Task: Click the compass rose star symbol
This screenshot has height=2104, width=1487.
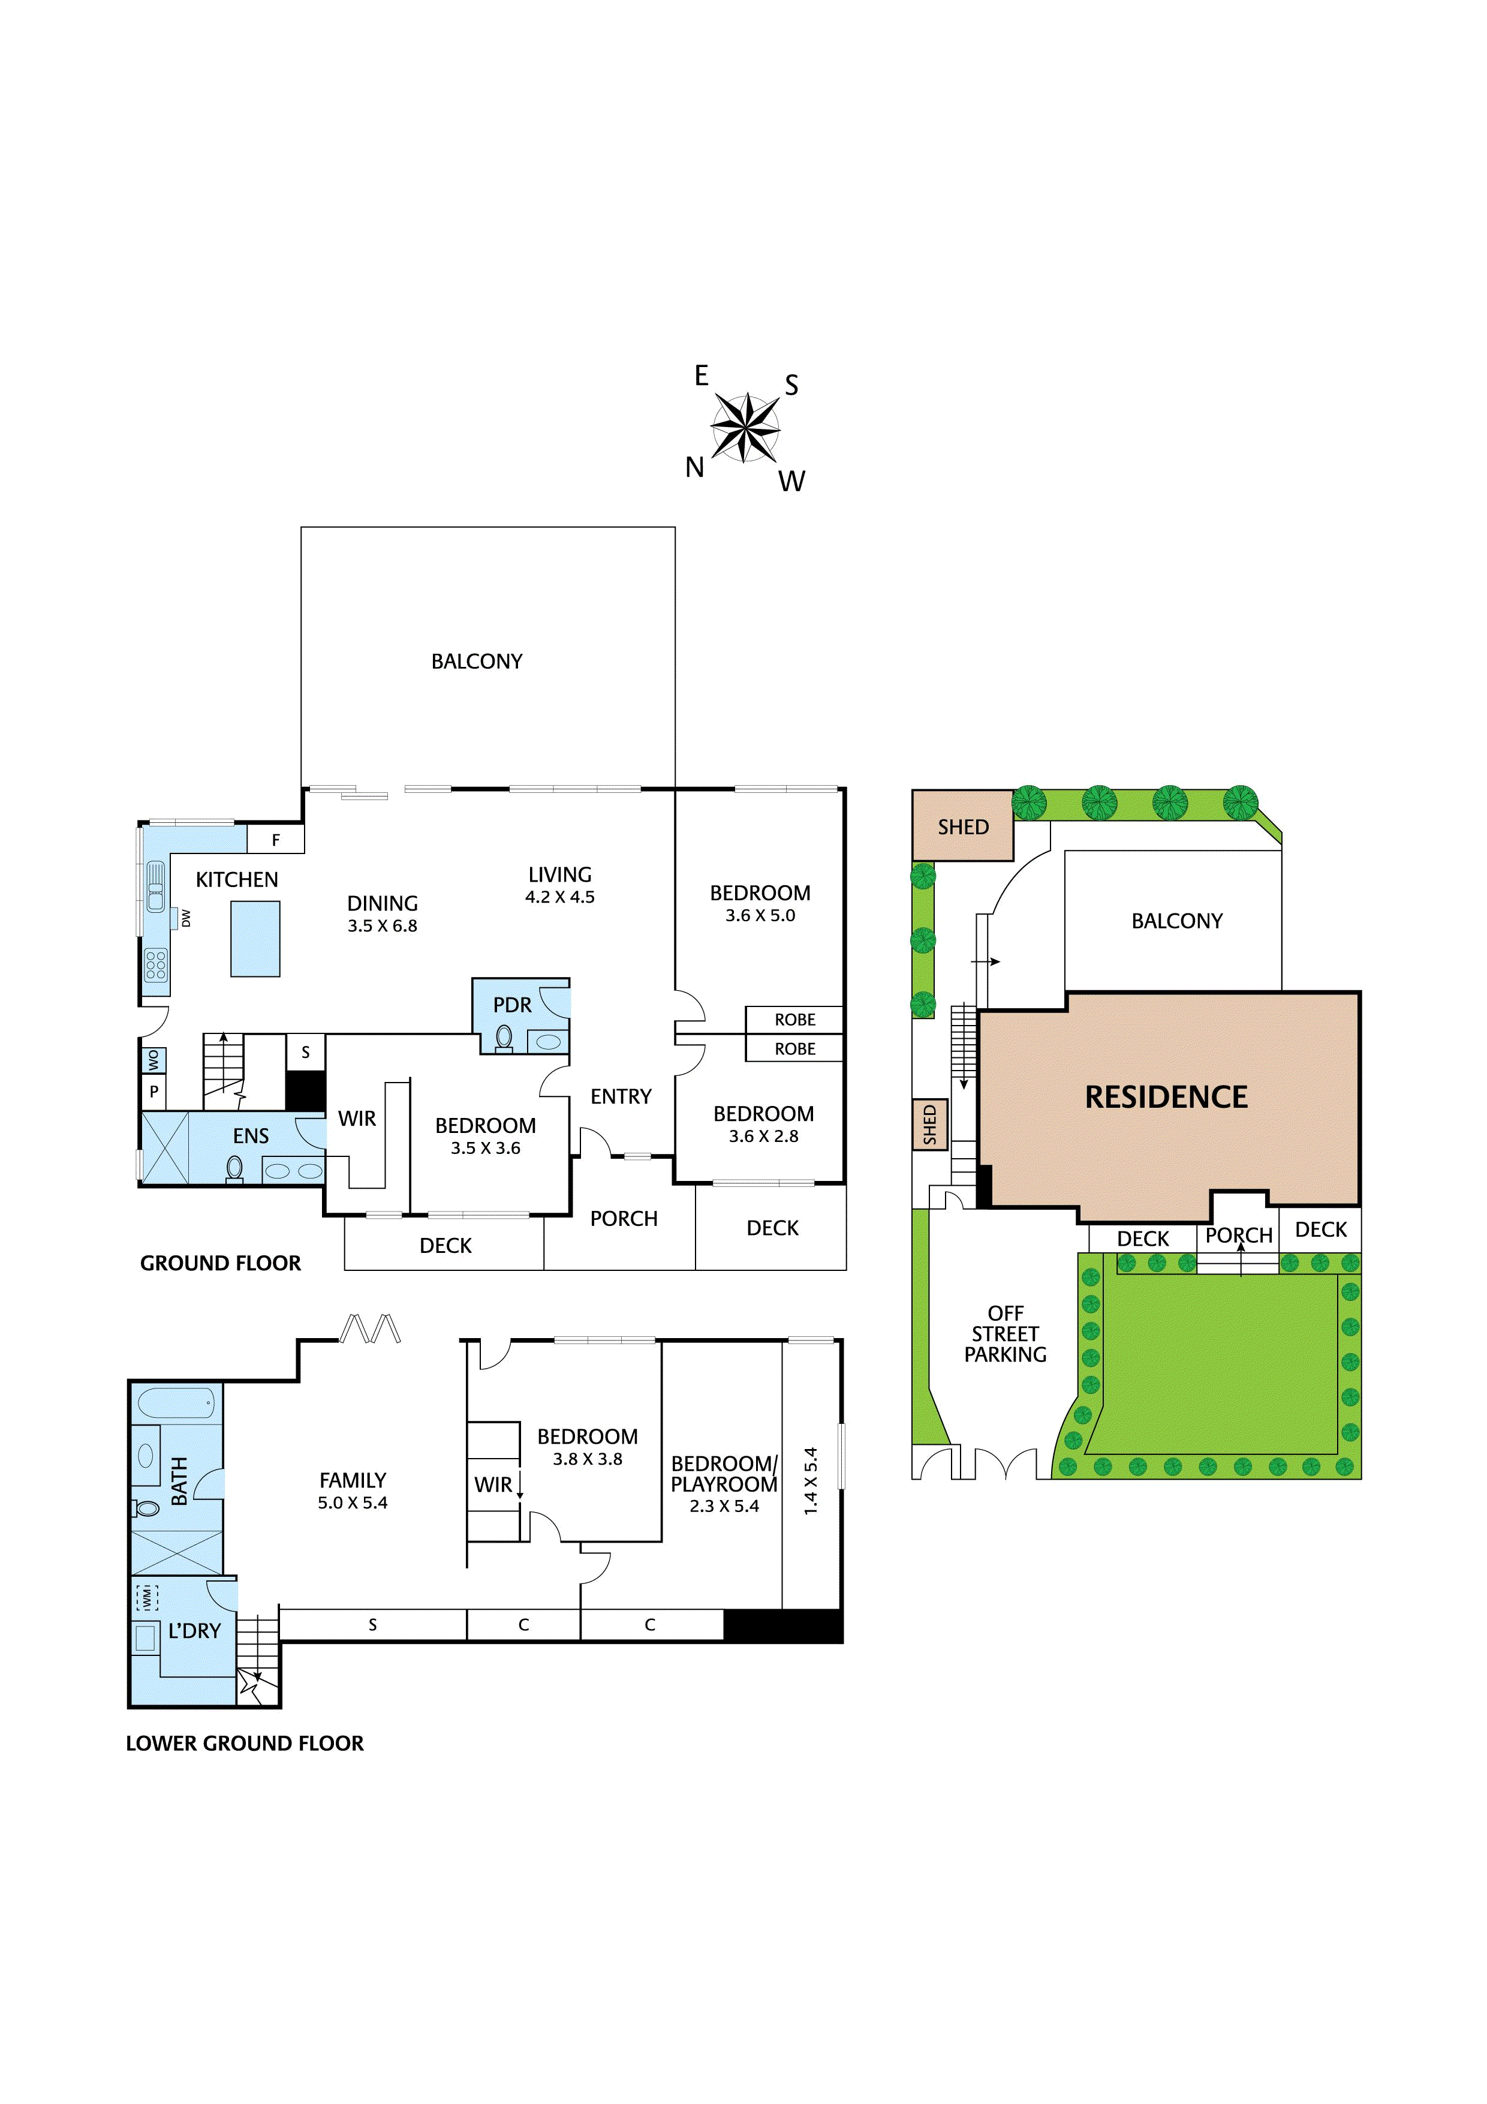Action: point(745,427)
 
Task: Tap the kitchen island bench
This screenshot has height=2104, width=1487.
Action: point(255,939)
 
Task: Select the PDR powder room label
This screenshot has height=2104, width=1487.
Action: point(511,1005)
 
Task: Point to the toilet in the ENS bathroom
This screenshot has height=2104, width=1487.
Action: point(234,1168)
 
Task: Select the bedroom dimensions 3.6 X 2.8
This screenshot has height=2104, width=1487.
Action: point(763,1137)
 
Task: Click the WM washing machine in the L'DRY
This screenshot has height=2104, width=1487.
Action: point(146,1597)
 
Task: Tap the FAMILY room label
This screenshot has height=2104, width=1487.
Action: point(352,1480)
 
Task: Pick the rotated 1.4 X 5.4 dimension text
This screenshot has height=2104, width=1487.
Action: point(810,1481)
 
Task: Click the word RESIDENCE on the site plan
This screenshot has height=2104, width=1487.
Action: point(1166,1097)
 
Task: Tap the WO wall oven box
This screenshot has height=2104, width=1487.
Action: point(153,1060)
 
